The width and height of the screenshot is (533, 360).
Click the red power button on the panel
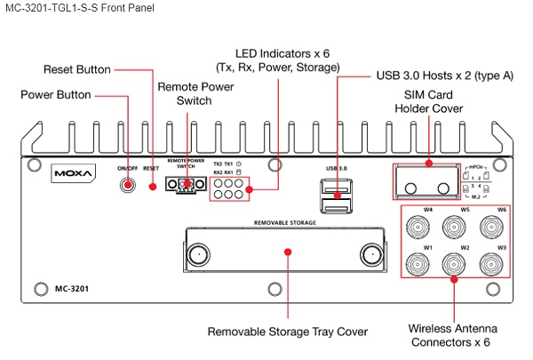[129, 184]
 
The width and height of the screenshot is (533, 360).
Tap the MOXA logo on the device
[72, 171]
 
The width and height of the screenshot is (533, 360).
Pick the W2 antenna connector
[453, 264]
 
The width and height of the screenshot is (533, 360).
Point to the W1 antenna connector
[416, 264]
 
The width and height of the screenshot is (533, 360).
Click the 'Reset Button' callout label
[77, 69]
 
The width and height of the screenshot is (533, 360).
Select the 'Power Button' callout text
[57, 94]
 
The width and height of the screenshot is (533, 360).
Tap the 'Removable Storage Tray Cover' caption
[288, 332]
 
